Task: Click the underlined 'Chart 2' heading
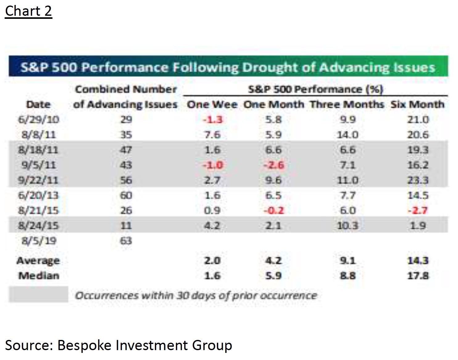(28, 11)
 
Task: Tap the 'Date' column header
(38, 104)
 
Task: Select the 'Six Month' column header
(417, 104)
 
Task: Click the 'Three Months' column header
(347, 104)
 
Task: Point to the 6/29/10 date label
(39, 119)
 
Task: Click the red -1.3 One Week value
(212, 119)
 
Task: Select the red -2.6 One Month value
(274, 165)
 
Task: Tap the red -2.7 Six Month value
(418, 210)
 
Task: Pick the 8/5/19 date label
(39, 241)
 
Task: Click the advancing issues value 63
(126, 241)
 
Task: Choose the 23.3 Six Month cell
(418, 180)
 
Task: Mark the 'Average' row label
(38, 261)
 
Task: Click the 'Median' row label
(39, 275)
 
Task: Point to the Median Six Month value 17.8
(418, 275)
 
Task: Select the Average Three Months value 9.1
(348, 261)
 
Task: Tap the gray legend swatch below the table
(39, 295)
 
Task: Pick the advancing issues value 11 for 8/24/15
(126, 225)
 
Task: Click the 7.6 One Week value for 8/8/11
(212, 135)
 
